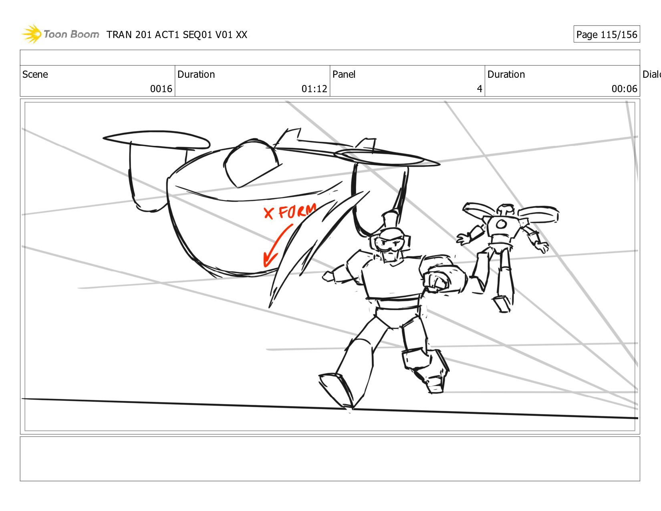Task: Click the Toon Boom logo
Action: point(60,34)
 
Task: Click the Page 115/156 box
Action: point(606,34)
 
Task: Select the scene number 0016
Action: point(161,89)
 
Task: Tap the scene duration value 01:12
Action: point(314,89)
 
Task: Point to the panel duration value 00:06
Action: point(624,89)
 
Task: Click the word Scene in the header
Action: point(35,75)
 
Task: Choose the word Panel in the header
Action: point(344,75)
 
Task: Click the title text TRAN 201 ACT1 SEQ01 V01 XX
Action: point(177,35)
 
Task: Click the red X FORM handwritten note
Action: point(290,212)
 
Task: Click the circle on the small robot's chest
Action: point(501,224)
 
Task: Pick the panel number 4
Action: point(479,89)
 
